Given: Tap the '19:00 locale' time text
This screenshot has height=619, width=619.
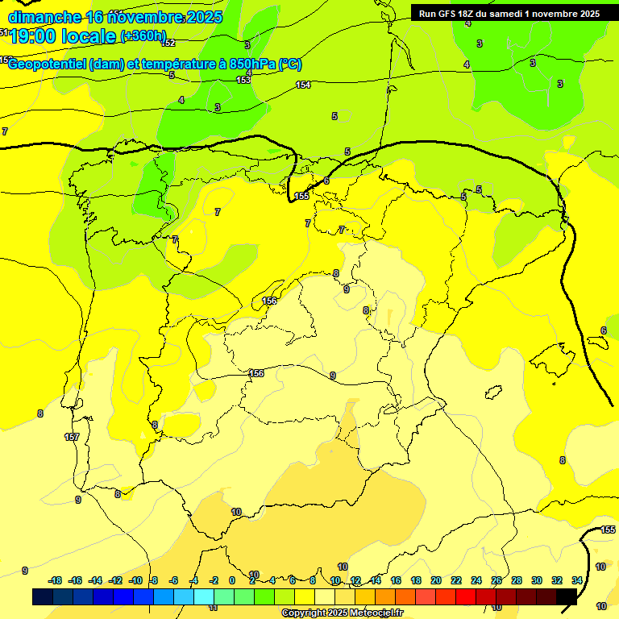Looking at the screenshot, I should (63, 37).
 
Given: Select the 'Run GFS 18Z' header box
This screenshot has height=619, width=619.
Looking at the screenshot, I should (509, 13).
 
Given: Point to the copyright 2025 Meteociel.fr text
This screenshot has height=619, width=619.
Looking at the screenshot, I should (342, 613).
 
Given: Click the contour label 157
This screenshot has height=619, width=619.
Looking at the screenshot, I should (72, 437).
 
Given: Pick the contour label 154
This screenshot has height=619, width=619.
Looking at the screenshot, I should (303, 85).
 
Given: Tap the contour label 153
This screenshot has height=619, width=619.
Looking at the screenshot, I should (243, 80).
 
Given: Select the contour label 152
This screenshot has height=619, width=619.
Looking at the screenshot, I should (168, 43).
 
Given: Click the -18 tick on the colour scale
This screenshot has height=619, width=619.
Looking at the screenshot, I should (56, 580).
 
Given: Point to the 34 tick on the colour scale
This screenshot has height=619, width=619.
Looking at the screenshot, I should (577, 580).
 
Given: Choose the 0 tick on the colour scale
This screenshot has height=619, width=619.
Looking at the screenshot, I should (232, 580).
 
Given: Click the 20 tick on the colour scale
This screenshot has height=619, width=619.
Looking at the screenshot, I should (436, 580).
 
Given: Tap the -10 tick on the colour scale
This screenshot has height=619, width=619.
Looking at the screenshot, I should (135, 580).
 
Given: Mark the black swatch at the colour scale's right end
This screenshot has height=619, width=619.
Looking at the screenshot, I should (567, 596).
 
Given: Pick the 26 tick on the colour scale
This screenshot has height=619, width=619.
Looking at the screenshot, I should (496, 580).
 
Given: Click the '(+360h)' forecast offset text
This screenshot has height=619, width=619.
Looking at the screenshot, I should (143, 36).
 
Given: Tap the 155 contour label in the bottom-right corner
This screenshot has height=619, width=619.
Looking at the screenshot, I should (609, 530).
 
